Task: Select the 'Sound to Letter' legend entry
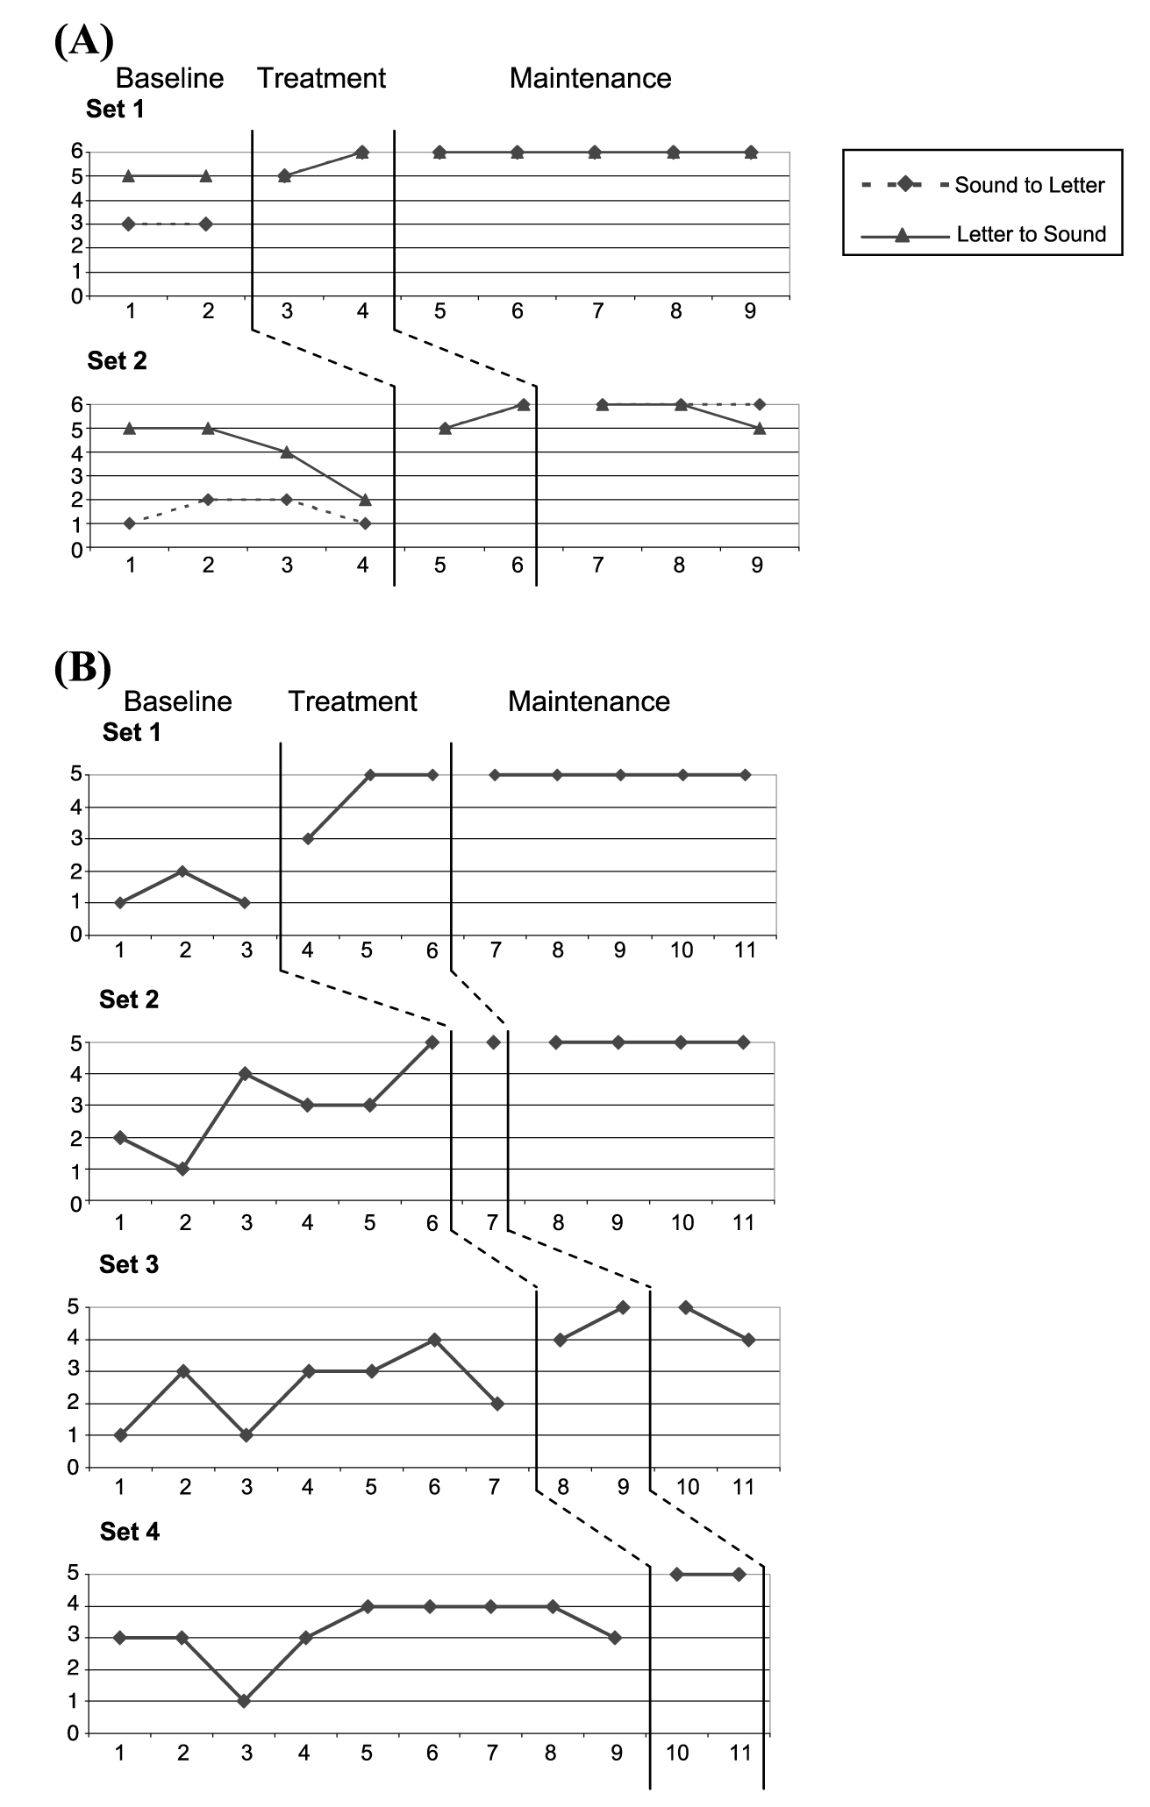coord(1029,185)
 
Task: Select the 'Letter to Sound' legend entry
coord(1031,234)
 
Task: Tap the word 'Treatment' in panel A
coord(321,78)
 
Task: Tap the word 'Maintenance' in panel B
coord(589,701)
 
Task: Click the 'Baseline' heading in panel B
coord(177,701)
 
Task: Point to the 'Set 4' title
coord(130,1531)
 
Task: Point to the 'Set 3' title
coord(129,1263)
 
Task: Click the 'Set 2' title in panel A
coord(117,360)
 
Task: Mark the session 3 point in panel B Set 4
coord(245,1701)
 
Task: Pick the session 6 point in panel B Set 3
coord(434,1339)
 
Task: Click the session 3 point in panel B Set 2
coord(246,1073)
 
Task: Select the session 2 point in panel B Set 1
coord(182,871)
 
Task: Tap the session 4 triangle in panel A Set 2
coord(365,499)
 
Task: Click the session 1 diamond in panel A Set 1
coord(129,224)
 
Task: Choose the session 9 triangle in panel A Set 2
coord(759,428)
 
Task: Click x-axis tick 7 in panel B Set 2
coord(492,1222)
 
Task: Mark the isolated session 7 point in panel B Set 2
coord(493,1042)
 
